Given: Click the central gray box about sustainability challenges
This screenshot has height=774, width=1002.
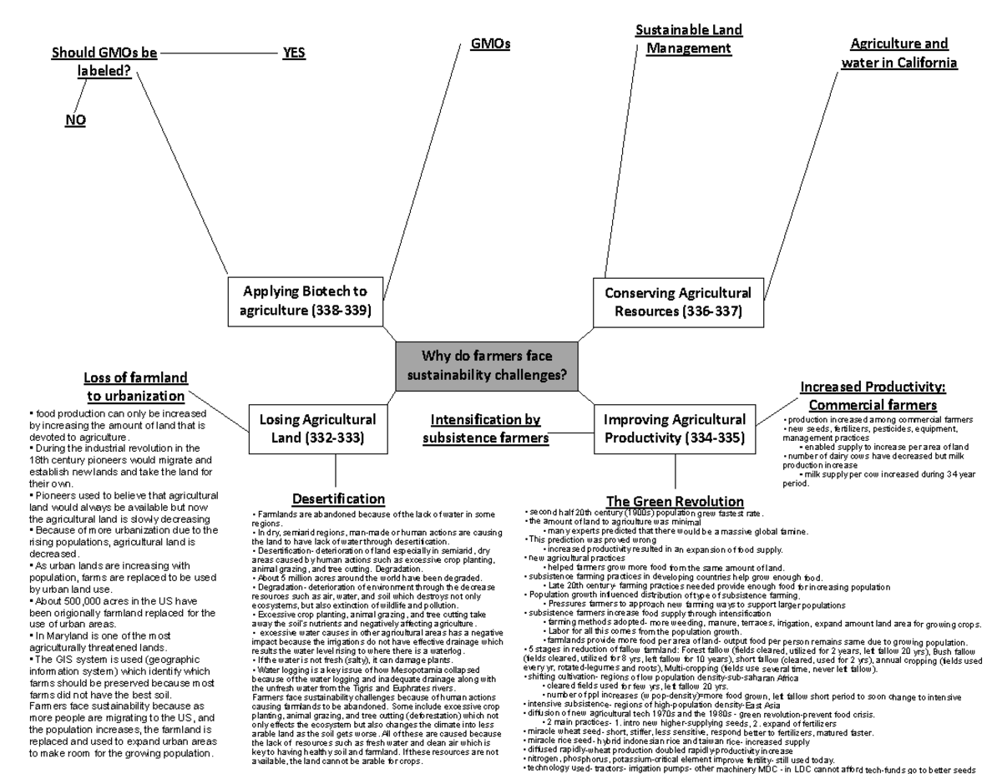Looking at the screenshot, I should [x=486, y=366].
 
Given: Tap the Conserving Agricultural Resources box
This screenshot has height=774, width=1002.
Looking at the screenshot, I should [x=677, y=302].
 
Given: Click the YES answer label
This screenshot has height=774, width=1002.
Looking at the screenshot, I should [x=293, y=54].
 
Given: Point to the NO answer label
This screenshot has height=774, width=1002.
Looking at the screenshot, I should [x=75, y=121].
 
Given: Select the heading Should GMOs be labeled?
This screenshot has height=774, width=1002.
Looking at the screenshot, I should [x=104, y=62].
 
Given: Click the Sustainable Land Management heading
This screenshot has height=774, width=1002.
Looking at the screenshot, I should [x=689, y=39].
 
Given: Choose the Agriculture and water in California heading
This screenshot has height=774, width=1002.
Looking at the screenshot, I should [x=899, y=53].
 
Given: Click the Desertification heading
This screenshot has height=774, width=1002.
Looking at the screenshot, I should [x=338, y=499].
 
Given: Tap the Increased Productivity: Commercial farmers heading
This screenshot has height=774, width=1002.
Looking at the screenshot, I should [x=872, y=396].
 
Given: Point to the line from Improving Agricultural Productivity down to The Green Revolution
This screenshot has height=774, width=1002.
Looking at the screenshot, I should [x=675, y=473].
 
